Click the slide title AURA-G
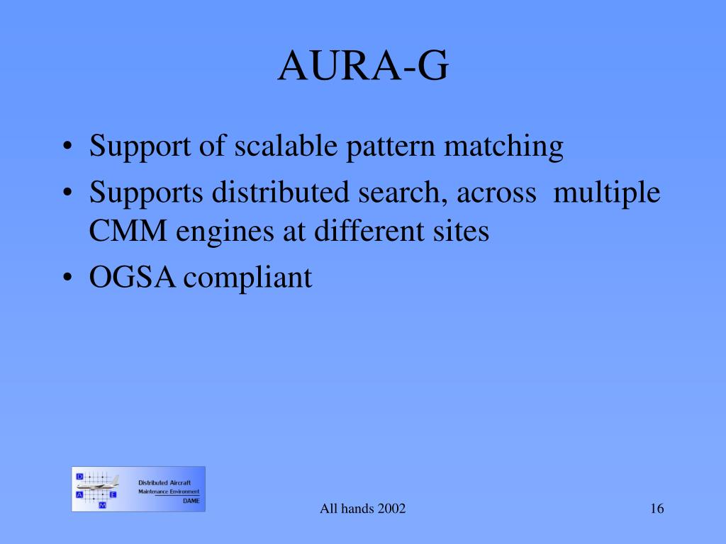click(363, 66)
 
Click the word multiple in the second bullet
click(607, 193)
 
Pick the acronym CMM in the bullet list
click(128, 230)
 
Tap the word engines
click(225, 232)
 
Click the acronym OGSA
click(133, 277)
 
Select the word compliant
click(247, 278)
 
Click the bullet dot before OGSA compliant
click(67, 278)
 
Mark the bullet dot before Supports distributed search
click(67, 193)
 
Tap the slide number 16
click(657, 509)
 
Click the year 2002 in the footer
click(391, 509)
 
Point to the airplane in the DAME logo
click(98, 483)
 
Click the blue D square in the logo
click(79, 477)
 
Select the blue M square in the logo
click(102, 505)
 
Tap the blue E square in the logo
click(113, 494)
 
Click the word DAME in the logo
click(191, 501)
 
